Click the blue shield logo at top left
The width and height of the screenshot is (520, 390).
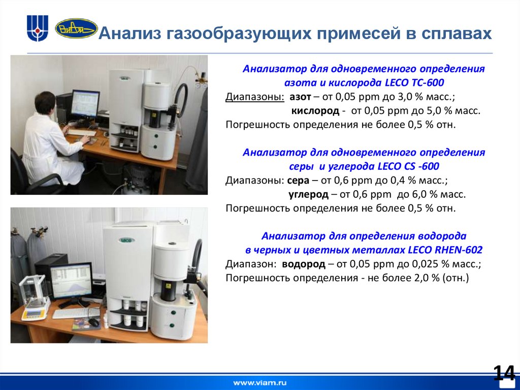(38, 28)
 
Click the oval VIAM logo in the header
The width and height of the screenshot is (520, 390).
(76, 28)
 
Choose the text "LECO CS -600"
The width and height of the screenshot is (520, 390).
(409, 166)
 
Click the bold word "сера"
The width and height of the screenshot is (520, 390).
(298, 181)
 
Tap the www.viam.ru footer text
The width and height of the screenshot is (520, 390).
(259, 382)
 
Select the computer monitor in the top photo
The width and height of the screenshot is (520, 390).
(85, 104)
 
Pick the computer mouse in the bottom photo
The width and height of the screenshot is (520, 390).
(93, 322)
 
